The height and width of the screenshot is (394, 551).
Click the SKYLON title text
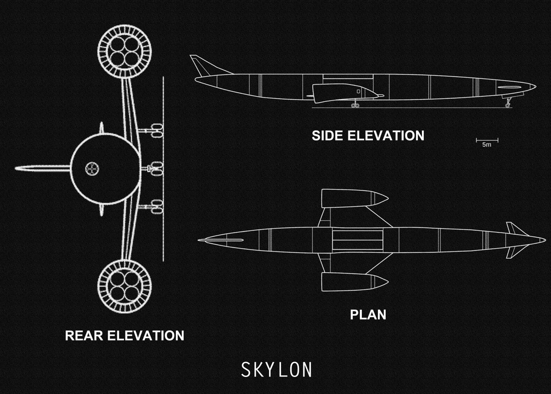(x=276, y=370)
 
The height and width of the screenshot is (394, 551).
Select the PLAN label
(x=368, y=315)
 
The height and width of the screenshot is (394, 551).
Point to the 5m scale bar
(x=487, y=140)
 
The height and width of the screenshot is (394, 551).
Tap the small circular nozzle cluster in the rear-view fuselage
(x=92, y=169)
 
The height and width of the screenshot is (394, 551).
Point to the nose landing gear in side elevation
(x=507, y=103)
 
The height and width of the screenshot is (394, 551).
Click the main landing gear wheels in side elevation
(x=355, y=105)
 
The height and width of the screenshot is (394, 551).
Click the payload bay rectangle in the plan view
(x=357, y=240)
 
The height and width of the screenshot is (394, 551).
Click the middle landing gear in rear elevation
(x=155, y=169)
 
